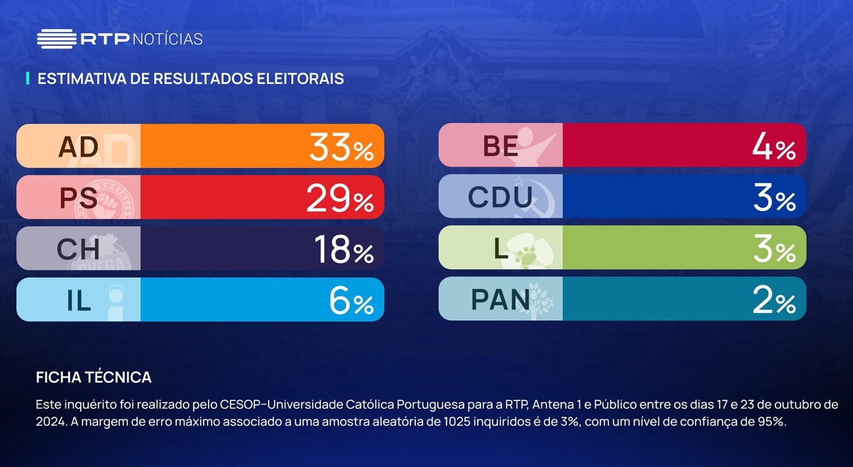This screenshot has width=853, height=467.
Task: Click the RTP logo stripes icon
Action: tap(56, 39)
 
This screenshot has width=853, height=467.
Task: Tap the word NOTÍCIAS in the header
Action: tap(167, 39)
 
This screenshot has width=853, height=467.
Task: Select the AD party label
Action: tap(78, 147)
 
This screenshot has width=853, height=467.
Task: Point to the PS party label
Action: tap(78, 198)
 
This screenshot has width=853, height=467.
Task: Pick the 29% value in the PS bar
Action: tap(340, 199)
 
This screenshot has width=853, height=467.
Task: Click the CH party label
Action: tap(78, 249)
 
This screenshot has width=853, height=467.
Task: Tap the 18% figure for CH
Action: tap(343, 249)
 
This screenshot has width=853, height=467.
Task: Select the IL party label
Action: tap(78, 301)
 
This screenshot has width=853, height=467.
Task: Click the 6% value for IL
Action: tap(351, 301)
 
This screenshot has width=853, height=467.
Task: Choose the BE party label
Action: tap(500, 147)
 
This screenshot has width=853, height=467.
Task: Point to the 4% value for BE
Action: tap(773, 147)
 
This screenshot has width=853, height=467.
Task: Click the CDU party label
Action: tap(500, 197)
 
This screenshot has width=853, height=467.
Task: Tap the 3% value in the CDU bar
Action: tap(774, 198)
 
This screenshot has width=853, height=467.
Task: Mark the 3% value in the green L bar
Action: tap(774, 249)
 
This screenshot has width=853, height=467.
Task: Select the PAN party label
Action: tap(500, 299)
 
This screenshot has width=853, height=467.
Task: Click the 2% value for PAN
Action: tap(773, 299)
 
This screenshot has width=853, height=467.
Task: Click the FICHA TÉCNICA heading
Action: tap(94, 377)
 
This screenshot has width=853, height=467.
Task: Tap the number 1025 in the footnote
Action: tap(457, 422)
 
